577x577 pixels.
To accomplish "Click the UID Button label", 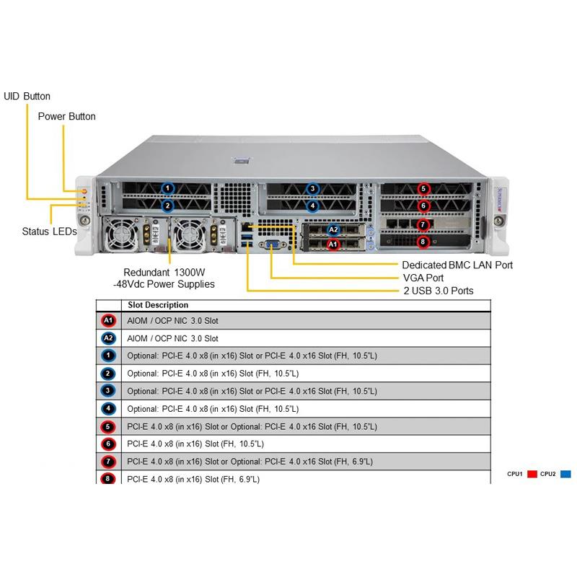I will coord(27,96).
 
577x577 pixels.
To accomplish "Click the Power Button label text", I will coord(66,116).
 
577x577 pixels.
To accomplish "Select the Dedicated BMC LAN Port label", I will coord(457,265).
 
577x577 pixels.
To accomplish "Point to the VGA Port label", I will coord(423,278).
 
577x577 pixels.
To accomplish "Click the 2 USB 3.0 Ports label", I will coord(438,291).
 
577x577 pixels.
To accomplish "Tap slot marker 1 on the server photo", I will coord(167,189).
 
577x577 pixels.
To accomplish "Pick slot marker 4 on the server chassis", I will coord(312,206).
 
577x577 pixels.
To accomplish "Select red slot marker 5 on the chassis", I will coord(424,189).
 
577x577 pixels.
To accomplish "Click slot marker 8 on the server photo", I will coord(424,242).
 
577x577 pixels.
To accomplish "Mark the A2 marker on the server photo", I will coord(332,231).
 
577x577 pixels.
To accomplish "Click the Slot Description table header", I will coord(157,305).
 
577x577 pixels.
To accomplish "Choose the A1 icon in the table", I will coord(108,320).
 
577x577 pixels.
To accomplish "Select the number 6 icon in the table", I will coord(108,444).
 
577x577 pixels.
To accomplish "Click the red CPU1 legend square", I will coord(533,474).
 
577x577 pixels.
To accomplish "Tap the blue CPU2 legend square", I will coord(565,474).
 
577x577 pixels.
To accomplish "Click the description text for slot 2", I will coord(213,373).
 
